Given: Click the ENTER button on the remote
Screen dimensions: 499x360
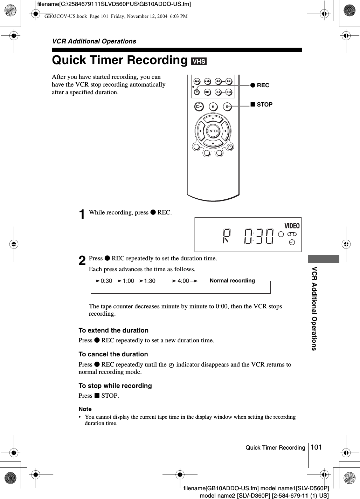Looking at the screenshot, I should [213, 131].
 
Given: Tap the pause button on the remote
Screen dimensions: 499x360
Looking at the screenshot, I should [213, 107].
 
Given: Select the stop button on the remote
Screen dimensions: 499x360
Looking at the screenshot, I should [227, 107].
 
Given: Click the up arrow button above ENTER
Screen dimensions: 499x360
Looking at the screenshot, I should [213, 119].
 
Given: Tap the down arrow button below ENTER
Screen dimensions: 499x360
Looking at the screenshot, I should [213, 143].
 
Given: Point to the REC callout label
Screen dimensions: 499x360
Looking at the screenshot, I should [260, 85].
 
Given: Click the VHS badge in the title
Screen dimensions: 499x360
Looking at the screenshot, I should [199, 61].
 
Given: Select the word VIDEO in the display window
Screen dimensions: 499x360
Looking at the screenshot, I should [292, 226].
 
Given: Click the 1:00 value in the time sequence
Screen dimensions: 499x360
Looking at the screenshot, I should [128, 281].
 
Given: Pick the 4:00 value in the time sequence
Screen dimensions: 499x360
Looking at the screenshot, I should [183, 281].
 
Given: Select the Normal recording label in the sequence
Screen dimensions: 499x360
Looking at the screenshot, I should [232, 281].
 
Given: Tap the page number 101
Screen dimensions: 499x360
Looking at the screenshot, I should [316, 447].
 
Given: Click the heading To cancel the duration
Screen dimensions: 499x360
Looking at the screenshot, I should [113, 354].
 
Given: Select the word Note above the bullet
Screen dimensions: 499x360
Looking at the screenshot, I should [85, 409].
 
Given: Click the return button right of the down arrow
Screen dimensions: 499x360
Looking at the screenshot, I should [230, 146].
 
